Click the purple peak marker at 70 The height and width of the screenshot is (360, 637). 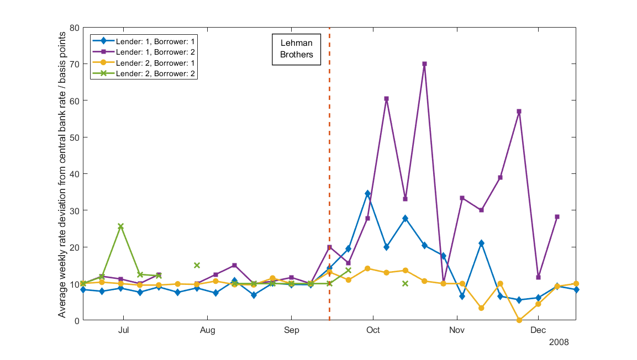click(424, 64)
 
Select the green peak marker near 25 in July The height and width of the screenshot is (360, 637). click(120, 226)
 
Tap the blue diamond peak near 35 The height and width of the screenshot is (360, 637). click(367, 194)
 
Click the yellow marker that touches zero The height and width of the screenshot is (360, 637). click(519, 320)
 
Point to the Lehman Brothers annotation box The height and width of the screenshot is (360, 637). click(296, 49)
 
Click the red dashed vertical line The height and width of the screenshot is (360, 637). click(329, 166)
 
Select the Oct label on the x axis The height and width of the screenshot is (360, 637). click(373, 331)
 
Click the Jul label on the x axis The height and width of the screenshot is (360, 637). click(123, 331)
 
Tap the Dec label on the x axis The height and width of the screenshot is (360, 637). click(538, 331)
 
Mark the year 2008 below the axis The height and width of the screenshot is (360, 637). click(559, 342)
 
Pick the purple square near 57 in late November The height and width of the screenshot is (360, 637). click(519, 112)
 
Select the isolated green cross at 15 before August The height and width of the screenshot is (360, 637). click(196, 266)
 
